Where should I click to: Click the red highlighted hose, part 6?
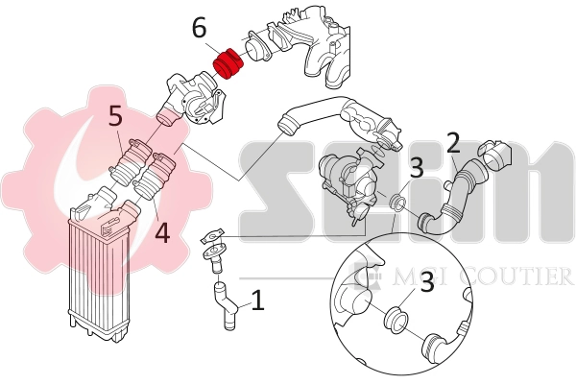click(228, 64)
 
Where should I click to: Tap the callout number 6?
click(199, 29)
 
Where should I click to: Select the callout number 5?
click(115, 117)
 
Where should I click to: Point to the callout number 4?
click(162, 231)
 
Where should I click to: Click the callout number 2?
click(454, 144)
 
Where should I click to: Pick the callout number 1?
click(257, 300)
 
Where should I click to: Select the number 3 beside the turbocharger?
click(416, 168)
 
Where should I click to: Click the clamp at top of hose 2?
click(494, 152)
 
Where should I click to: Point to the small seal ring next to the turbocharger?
click(396, 203)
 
